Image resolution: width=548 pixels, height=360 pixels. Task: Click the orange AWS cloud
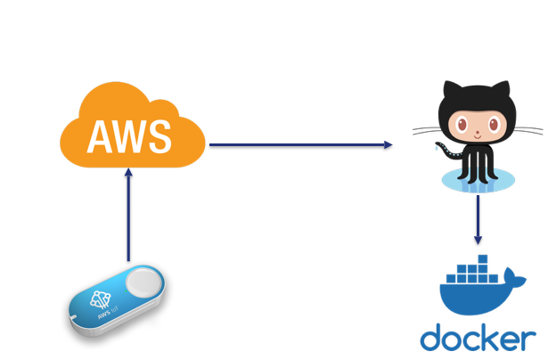tap(132, 126)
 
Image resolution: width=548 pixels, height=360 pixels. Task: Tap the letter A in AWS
tap(102, 136)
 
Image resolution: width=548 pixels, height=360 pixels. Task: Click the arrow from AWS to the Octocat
tap(300, 144)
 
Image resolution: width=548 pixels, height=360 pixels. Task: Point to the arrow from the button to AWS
tap(128, 215)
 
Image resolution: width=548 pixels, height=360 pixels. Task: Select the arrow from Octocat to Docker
tap(478, 219)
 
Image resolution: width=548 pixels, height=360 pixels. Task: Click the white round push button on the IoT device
tap(143, 283)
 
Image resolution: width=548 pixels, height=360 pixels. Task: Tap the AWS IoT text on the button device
tap(108, 312)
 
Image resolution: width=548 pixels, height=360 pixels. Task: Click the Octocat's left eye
tap(462, 125)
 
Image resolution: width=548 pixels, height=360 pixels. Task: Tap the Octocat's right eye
tap(494, 125)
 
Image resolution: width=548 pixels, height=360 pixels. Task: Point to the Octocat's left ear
tap(453, 90)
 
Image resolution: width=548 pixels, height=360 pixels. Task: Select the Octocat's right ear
tap(501, 90)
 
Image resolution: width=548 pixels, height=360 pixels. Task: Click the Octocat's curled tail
tap(449, 151)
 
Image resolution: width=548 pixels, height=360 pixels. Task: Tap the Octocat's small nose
tap(478, 133)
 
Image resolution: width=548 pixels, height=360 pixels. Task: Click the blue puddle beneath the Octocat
tap(478, 180)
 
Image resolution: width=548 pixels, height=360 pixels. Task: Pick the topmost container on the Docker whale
tap(483, 259)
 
